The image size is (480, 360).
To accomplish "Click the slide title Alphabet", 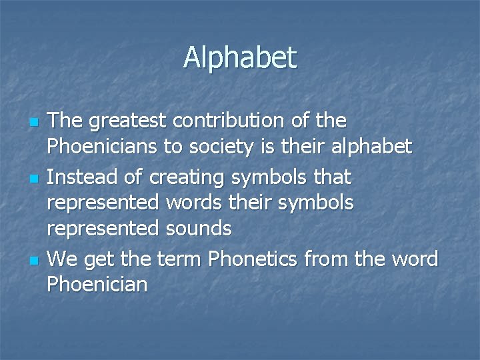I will click(240, 58).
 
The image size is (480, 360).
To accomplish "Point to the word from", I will click(331, 258).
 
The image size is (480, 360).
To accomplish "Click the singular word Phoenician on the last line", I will click(97, 284).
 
